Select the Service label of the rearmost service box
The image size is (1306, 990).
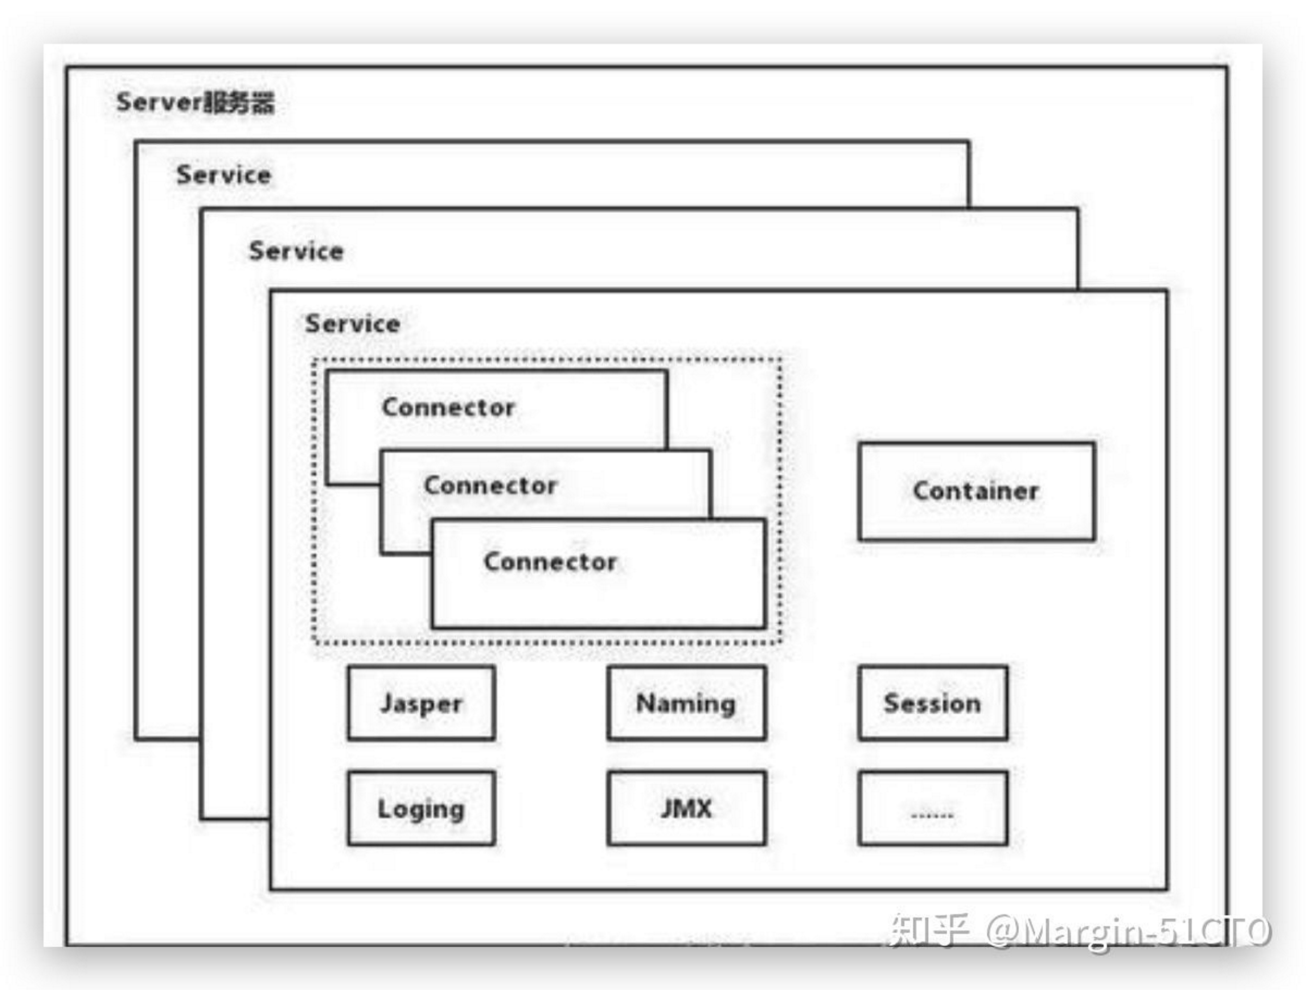(x=224, y=175)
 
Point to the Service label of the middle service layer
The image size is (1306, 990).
(x=296, y=251)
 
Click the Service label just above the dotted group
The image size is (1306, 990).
(x=353, y=323)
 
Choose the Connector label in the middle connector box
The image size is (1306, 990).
(x=490, y=485)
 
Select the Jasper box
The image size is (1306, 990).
(x=421, y=703)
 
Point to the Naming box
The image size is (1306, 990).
(x=687, y=703)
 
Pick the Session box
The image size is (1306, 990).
(x=933, y=703)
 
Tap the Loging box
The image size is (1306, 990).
(x=421, y=808)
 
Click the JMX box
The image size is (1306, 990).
(x=687, y=808)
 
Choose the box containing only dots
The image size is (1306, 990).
(x=933, y=808)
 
